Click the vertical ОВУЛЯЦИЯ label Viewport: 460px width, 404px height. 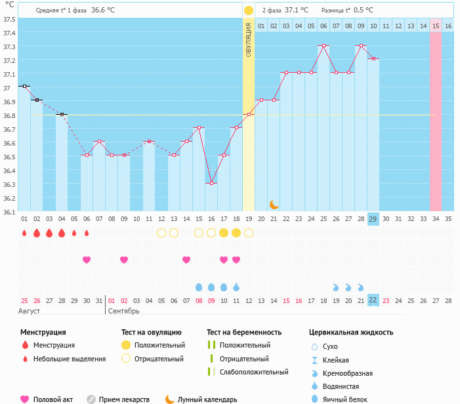[x=249, y=39]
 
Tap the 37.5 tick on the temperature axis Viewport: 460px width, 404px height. [x=9, y=19]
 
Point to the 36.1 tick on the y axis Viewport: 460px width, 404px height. [x=9, y=212]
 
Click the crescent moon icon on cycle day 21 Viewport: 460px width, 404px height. [x=274, y=205]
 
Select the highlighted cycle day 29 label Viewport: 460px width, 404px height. [x=373, y=218]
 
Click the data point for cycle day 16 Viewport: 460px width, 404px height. [x=211, y=183]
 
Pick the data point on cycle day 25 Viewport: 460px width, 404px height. [x=324, y=46]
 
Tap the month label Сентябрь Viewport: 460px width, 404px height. [x=123, y=311]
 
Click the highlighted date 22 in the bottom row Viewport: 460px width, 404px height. [x=373, y=300]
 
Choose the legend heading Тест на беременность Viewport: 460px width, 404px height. [x=244, y=332]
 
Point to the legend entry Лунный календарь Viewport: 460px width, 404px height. [x=207, y=399]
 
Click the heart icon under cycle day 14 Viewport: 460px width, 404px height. [x=186, y=260]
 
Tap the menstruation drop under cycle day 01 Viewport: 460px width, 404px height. [x=24, y=233]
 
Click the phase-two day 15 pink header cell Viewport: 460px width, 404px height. [x=435, y=26]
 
